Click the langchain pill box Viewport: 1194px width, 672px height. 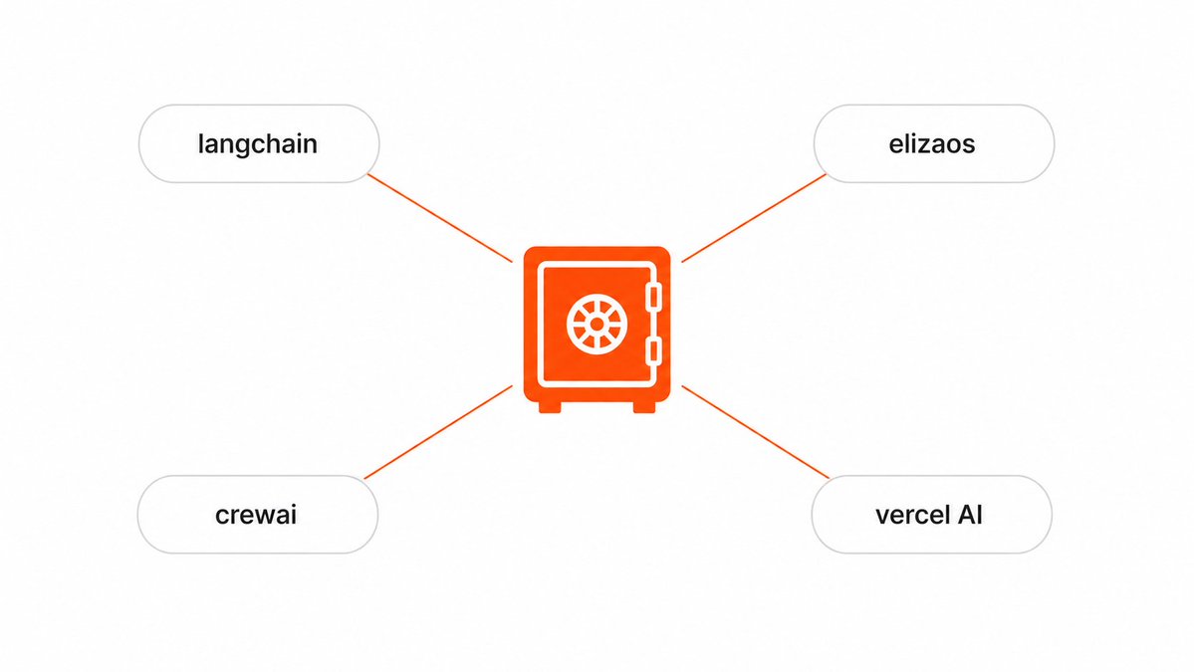(x=259, y=143)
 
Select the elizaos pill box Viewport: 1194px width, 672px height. (x=933, y=143)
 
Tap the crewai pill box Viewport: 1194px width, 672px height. (x=257, y=515)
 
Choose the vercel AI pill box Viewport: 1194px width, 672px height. (x=931, y=515)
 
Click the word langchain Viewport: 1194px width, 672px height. (x=257, y=144)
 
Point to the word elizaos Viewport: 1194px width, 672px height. (x=932, y=143)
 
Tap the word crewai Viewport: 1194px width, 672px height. (x=256, y=516)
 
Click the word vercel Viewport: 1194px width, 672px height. (x=911, y=516)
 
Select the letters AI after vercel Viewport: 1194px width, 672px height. (x=970, y=516)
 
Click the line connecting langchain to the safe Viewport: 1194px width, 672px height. (x=440, y=218)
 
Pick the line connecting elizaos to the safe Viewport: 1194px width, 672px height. (x=754, y=218)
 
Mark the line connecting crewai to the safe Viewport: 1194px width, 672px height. (x=438, y=432)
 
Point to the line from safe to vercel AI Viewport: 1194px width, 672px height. (x=756, y=432)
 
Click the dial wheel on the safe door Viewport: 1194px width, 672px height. (x=597, y=325)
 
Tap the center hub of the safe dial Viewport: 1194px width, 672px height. (x=597, y=325)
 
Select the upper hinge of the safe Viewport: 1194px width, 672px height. (x=653, y=297)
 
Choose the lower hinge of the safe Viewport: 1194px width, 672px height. (x=653, y=352)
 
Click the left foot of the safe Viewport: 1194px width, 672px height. (x=550, y=407)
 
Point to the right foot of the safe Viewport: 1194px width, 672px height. (x=644, y=407)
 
